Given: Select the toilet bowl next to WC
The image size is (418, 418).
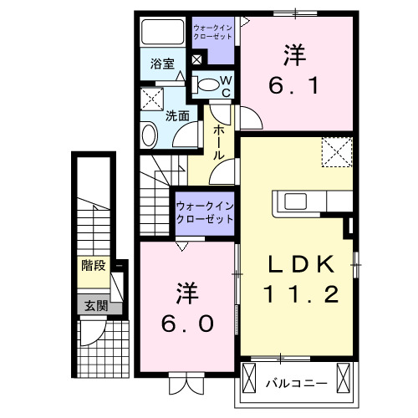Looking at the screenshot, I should (x=206, y=84).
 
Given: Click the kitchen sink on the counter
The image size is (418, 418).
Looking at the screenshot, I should (x=297, y=201).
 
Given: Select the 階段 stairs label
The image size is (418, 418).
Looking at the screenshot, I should (x=94, y=267).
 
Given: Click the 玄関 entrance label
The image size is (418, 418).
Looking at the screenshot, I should (x=94, y=306).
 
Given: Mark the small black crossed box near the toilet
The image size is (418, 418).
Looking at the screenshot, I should (x=197, y=59).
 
